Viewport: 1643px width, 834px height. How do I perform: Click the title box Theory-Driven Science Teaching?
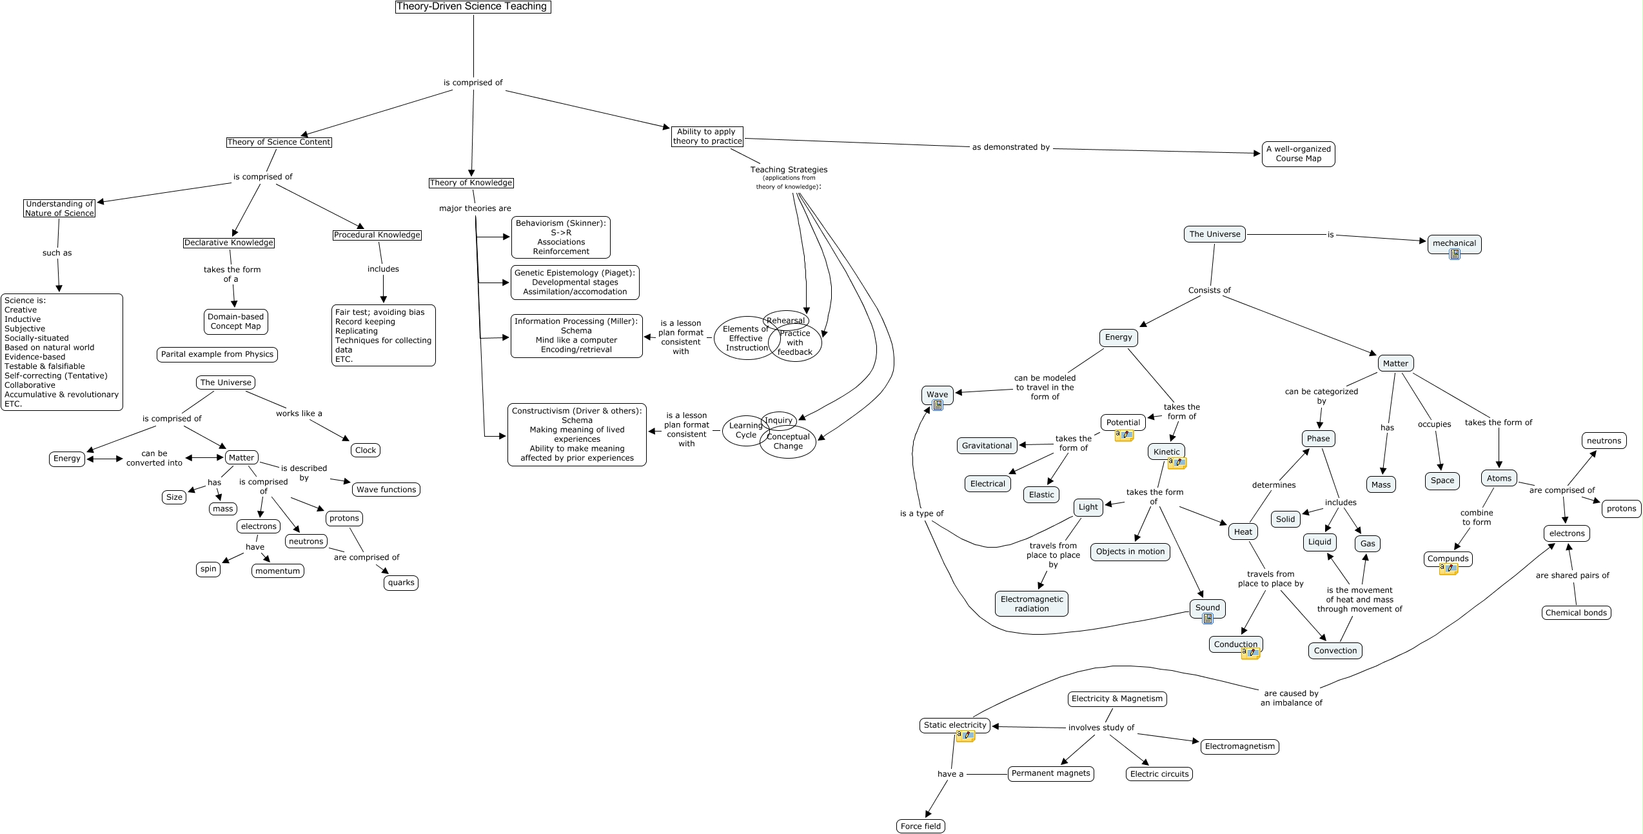click(473, 7)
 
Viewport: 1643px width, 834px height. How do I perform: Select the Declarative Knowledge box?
click(229, 243)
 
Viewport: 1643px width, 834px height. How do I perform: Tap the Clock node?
click(365, 450)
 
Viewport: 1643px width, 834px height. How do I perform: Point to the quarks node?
click(401, 583)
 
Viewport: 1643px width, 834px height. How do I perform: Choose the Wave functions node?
click(386, 490)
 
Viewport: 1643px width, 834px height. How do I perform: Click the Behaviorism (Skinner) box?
click(560, 237)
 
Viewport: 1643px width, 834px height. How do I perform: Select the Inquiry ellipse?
click(778, 421)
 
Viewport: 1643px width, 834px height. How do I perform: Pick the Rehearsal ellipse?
click(785, 321)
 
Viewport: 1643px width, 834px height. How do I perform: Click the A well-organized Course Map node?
click(1298, 154)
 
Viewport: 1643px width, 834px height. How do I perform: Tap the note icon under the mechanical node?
click(1454, 255)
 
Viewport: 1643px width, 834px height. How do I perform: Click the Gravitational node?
click(987, 446)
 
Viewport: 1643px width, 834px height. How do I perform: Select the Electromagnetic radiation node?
click(1032, 604)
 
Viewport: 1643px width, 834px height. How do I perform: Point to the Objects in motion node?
click(1130, 551)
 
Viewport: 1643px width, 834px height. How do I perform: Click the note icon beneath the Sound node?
click(1208, 619)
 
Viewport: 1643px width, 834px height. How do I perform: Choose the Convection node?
click(1335, 651)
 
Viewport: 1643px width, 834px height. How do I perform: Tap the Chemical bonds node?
click(1576, 613)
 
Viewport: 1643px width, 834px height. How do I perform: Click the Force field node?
click(921, 826)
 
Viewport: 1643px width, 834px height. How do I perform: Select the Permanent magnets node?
click(1050, 773)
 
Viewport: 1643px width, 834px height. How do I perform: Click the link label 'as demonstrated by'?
click(1010, 147)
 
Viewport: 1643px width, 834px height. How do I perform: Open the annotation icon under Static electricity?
click(965, 736)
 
